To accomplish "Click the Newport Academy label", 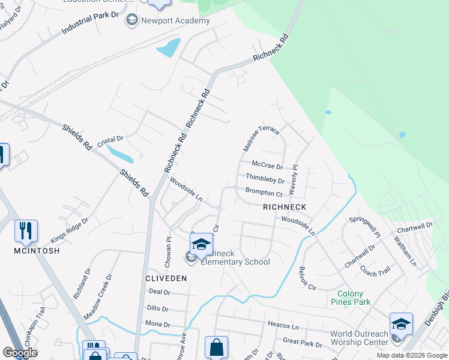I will point(175,20).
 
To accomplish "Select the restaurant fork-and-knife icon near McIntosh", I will point(26,230).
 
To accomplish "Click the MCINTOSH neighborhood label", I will point(37,251).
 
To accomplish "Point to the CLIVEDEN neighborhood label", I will point(166,278).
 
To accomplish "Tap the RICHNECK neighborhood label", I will point(285,207).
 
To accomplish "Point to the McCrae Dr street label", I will point(267,166).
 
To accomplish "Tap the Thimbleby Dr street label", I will point(265,179).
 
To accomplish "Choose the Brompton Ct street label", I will point(264,193).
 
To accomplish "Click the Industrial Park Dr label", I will point(90,23).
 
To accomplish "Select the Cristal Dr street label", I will point(110,141).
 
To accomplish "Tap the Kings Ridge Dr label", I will point(69,227).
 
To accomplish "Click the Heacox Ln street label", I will point(282,327).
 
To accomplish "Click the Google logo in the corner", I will point(19,353).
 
